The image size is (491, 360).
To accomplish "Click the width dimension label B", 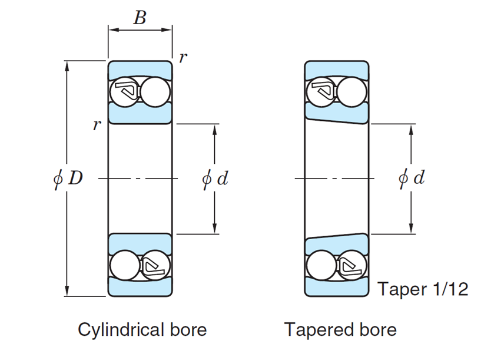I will [140, 18].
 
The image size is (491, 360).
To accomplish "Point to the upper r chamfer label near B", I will [183, 58].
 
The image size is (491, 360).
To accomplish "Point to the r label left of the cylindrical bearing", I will [97, 124].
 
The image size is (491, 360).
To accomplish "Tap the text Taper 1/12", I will [422, 289].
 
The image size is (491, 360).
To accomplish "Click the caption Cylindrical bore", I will [142, 329].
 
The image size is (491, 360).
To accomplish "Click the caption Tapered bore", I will [340, 329].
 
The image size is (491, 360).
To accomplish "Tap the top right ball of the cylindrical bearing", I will [155, 92].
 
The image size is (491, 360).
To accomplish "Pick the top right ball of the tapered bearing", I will [352, 92].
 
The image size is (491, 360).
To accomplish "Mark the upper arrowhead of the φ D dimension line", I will [68, 65].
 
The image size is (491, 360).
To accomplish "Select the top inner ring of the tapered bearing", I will [337, 114].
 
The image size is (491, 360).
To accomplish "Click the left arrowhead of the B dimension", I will [111, 29].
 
